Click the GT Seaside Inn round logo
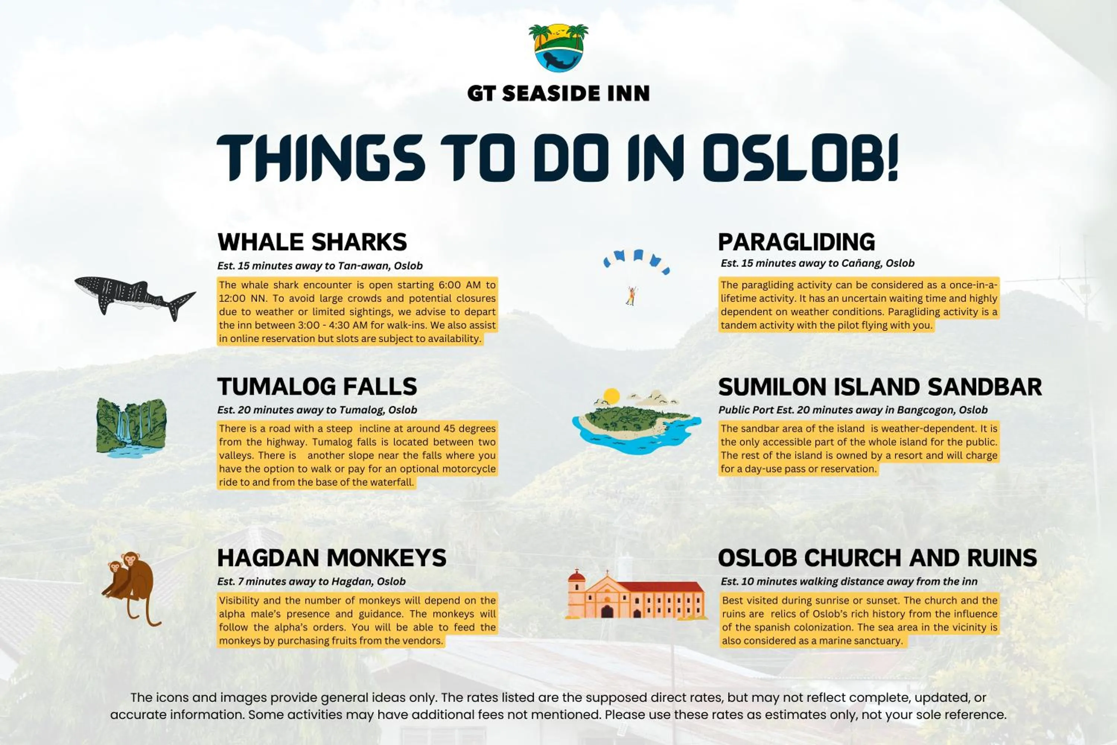[558, 48]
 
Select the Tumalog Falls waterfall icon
[131, 428]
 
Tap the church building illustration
[636, 596]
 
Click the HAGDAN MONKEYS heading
[331, 558]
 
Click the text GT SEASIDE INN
[558, 93]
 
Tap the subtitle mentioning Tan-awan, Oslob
[319, 266]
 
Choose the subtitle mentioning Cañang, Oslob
[817, 263]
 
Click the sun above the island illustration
[611, 395]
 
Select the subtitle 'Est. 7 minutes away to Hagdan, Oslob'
[311, 581]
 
